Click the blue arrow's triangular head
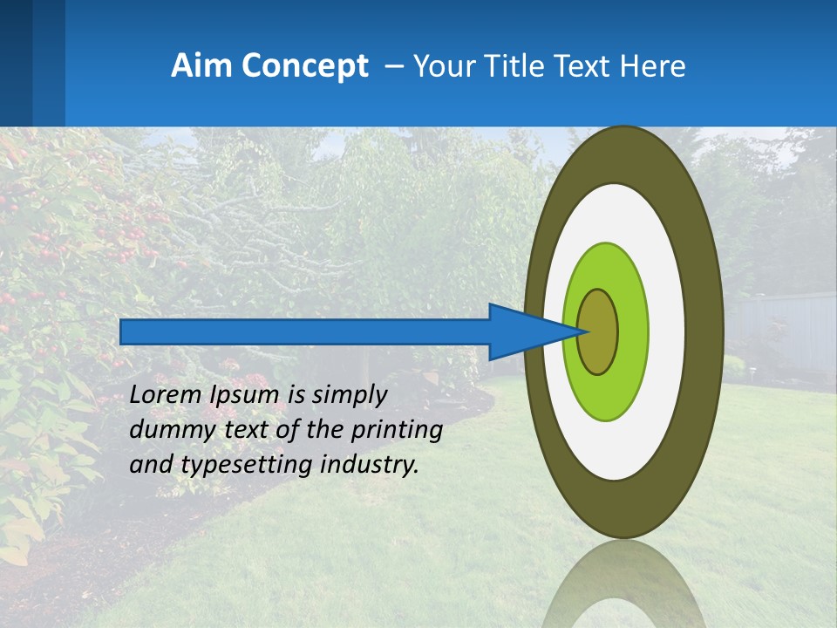tap(523, 331)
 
